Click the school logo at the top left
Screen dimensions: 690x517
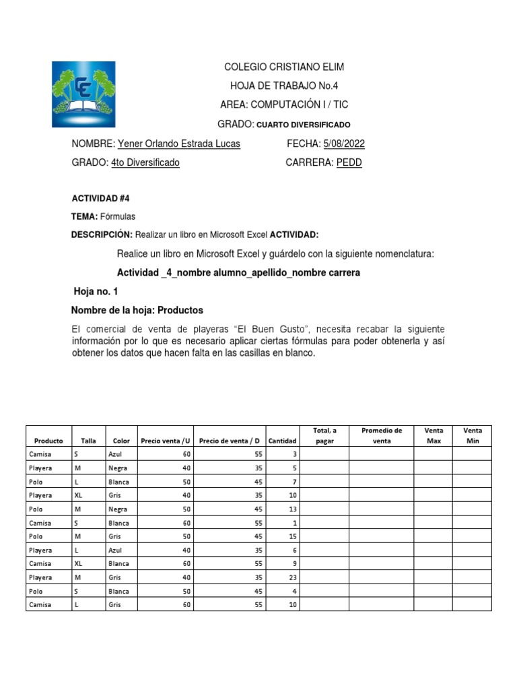pos(83,94)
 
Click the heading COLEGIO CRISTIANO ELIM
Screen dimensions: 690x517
pos(283,67)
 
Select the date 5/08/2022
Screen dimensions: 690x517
pos(344,144)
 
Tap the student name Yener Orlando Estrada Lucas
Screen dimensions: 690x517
pos(178,144)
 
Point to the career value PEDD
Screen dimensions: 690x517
pos(349,163)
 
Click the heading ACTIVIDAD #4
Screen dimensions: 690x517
pos(100,199)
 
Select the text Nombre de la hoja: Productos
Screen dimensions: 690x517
pos(137,310)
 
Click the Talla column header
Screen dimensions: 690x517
pos(88,441)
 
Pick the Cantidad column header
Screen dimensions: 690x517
pos(282,441)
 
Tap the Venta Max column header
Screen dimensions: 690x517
pos(433,435)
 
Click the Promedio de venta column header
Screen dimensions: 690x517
pos(381,435)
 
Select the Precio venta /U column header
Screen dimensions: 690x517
pos(166,441)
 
